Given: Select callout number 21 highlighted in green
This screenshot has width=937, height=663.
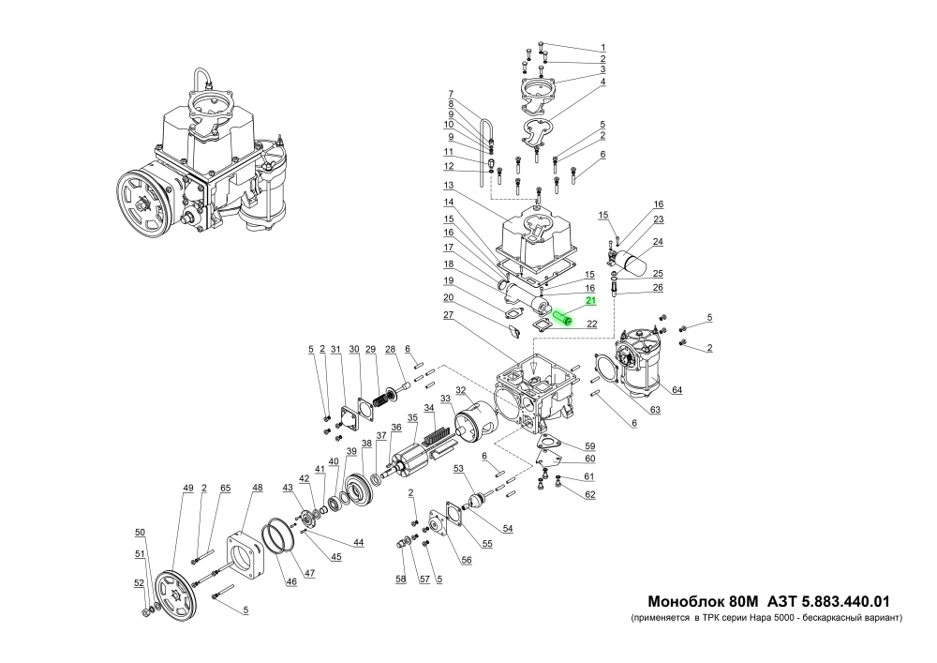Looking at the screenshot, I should point(590,301).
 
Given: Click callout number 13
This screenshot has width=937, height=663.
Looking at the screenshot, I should point(449,185).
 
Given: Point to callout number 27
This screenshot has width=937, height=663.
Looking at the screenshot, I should point(449,316).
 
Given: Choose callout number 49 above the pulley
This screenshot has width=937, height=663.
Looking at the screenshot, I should point(187,489).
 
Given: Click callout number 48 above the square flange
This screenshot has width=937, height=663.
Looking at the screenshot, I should point(257,489).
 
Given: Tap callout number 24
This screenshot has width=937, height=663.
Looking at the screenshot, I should point(658,242).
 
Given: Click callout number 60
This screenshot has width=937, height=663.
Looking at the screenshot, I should point(590,459).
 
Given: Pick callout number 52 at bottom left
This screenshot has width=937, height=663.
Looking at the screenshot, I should point(139,582).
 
